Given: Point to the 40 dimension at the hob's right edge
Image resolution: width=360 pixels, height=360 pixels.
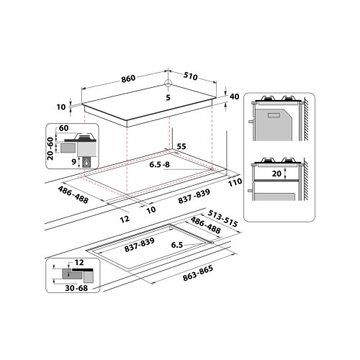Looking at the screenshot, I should coord(234,96).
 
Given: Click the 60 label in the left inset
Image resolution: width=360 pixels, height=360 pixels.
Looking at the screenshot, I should coord(63,127).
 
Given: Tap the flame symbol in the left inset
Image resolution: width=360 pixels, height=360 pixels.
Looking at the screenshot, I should coord(86,163).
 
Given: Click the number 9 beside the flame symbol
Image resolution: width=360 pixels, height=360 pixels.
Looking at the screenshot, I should coord(73,163).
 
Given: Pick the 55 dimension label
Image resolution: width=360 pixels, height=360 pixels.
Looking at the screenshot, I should coord(181,146).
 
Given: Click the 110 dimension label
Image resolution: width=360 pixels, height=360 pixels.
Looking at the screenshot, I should coord(233,184).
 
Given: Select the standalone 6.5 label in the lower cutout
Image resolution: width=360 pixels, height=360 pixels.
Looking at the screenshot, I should coord(177,245).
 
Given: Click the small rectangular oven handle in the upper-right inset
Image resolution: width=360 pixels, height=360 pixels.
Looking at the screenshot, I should coord(276,114).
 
